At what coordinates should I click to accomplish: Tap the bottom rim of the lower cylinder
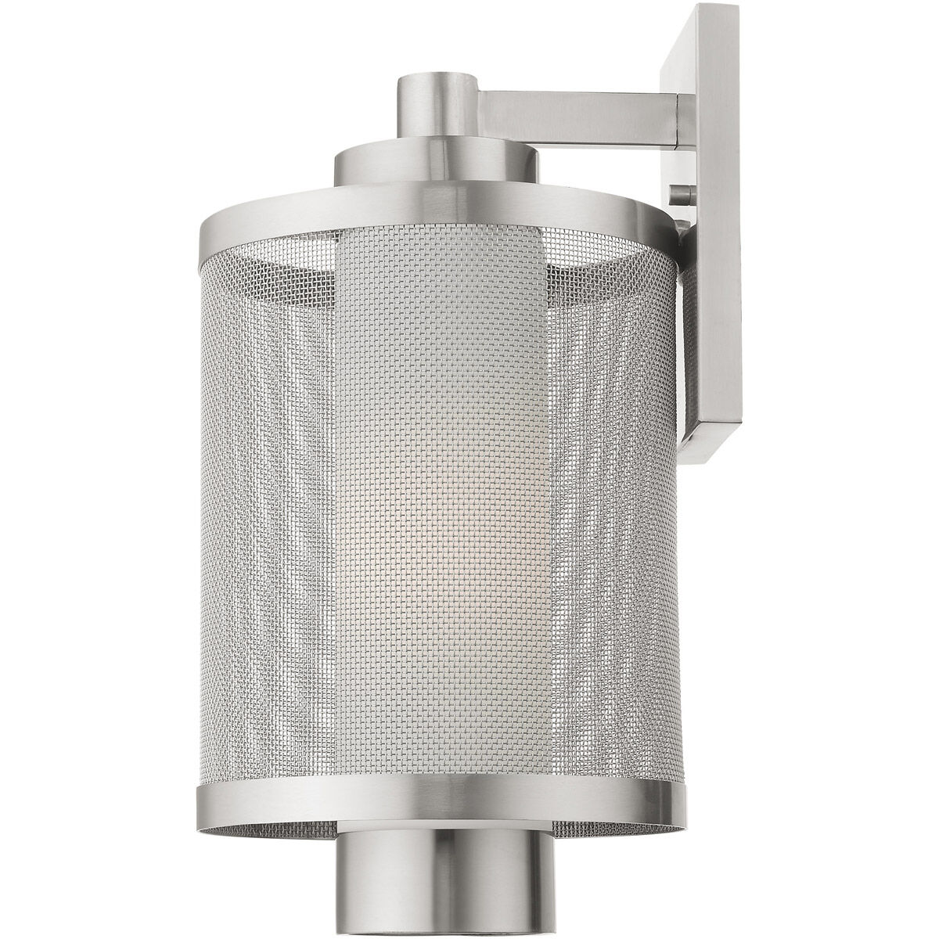pyautogui.click(x=437, y=931)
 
